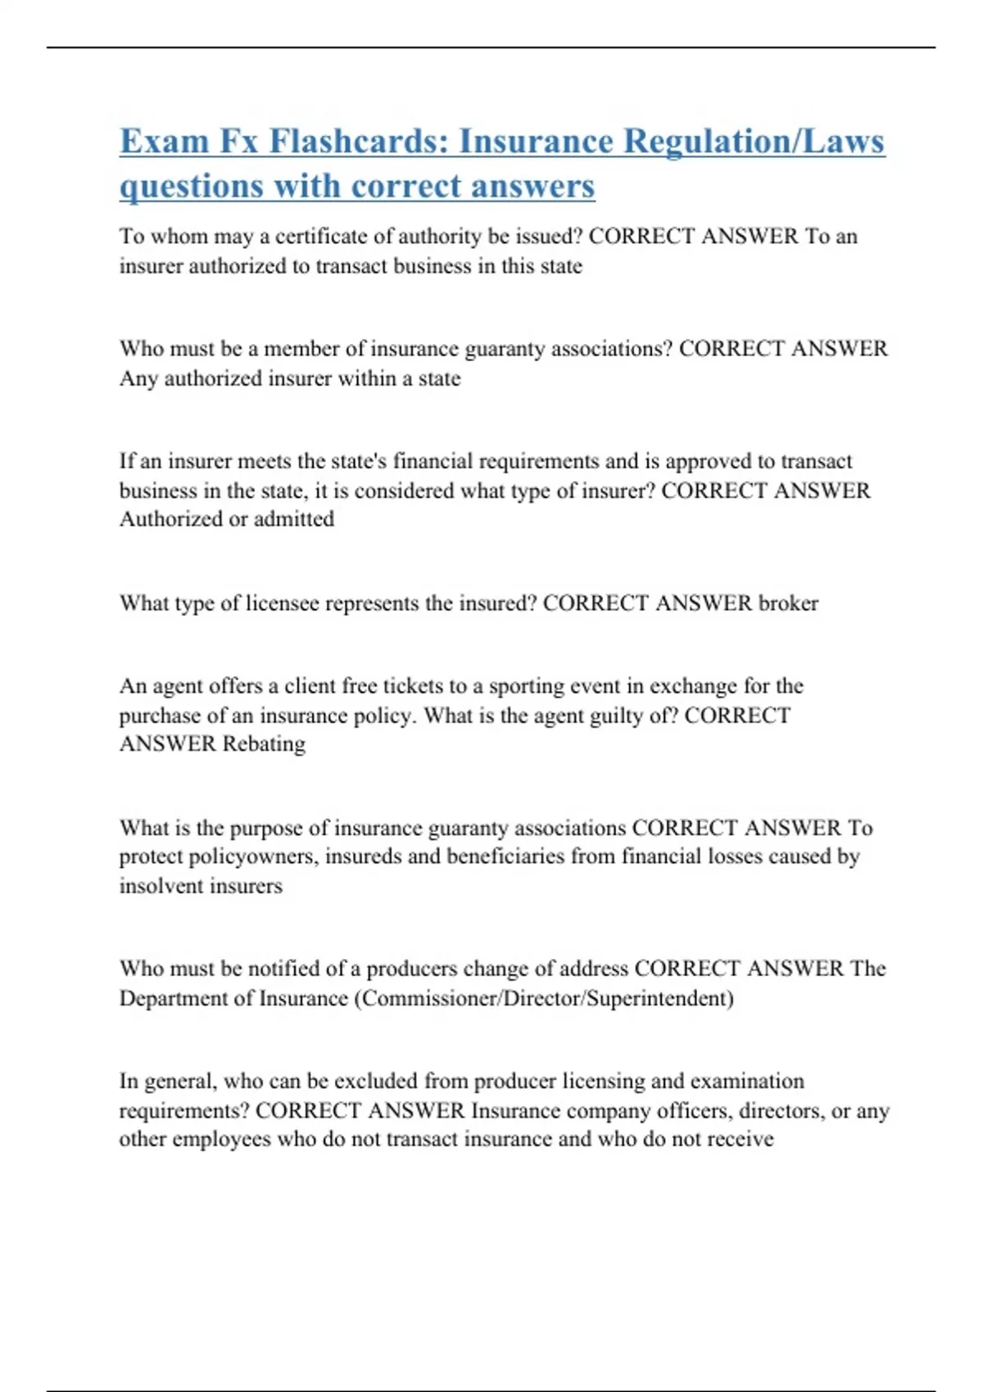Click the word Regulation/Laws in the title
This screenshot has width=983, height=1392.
(754, 141)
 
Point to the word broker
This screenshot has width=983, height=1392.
(788, 603)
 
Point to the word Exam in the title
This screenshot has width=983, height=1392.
(164, 141)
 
